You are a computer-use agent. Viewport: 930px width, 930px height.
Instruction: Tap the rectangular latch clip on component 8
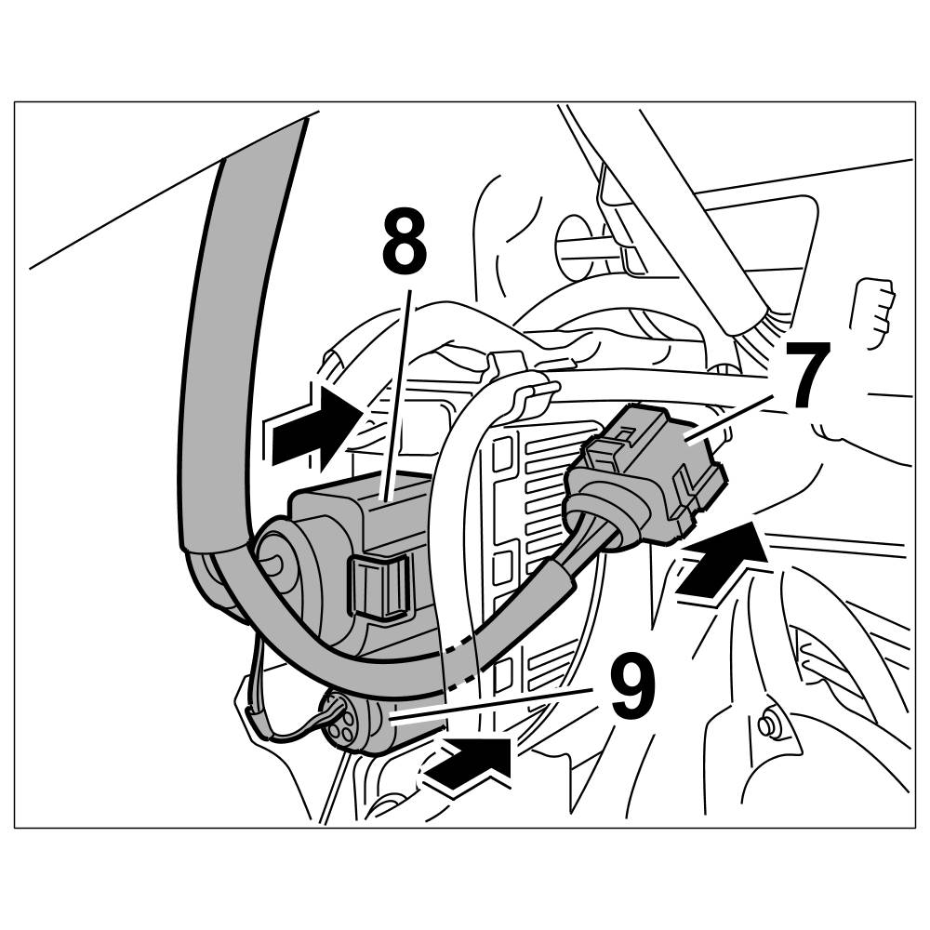click(382, 588)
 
